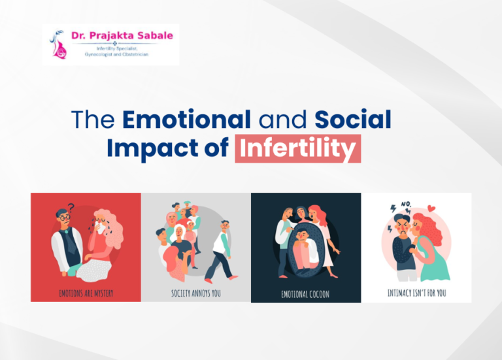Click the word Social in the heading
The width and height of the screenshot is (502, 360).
[353, 120]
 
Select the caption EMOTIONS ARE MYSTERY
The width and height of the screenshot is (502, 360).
[86, 293]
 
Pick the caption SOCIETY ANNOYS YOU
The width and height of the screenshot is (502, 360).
[196, 293]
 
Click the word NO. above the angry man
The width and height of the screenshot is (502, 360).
[407, 203]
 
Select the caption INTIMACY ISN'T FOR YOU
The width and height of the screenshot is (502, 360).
[416, 293]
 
